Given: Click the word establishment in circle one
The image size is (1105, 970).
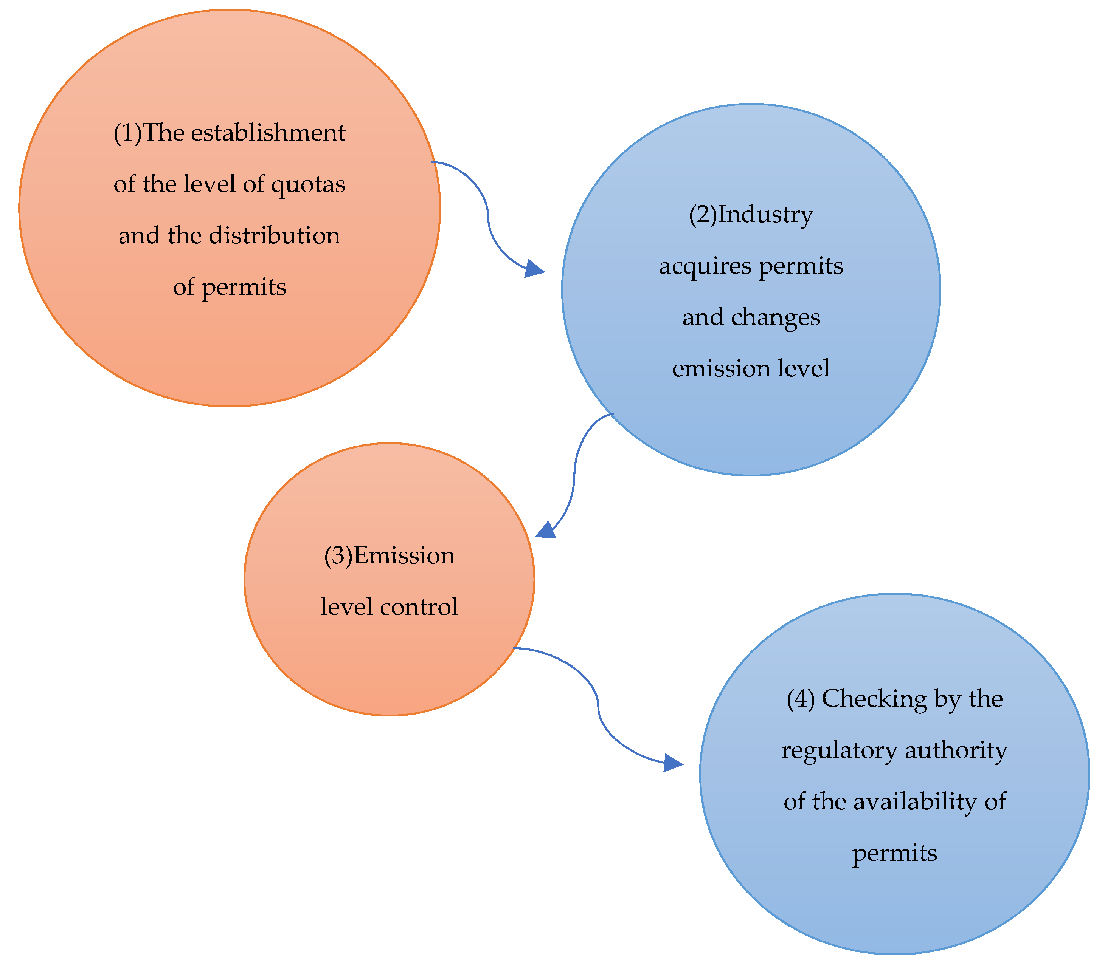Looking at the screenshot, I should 268,133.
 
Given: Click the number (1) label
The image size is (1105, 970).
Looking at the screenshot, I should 127,133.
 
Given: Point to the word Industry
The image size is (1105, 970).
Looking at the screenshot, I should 765,215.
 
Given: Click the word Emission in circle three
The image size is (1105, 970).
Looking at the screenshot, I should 404,556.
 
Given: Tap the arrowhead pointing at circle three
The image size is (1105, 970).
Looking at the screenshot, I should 546,531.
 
